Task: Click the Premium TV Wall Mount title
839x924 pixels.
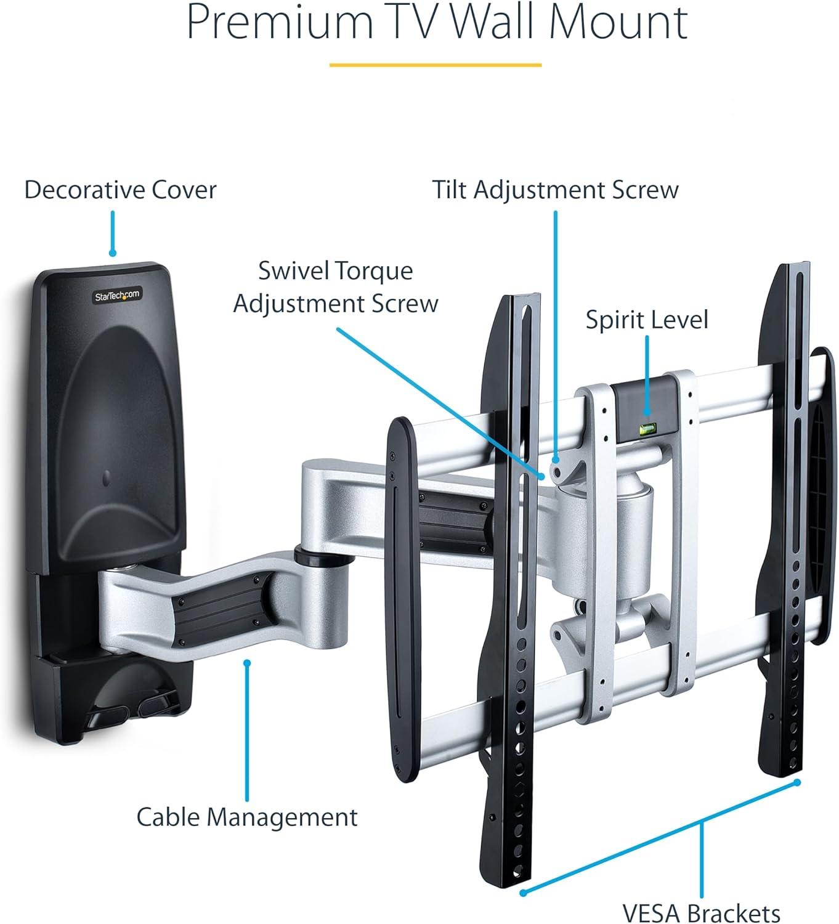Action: point(437,22)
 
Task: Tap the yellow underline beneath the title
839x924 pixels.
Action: point(435,65)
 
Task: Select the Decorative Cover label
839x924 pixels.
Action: point(120,190)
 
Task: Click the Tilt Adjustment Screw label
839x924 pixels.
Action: point(555,190)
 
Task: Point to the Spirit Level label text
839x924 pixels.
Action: point(647,320)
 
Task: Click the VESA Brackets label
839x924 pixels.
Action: point(701,912)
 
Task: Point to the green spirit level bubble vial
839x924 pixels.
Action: point(646,429)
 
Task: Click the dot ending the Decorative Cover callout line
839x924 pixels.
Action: point(112,253)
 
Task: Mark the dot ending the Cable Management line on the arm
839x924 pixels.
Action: point(247,663)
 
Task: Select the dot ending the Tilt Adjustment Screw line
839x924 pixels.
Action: point(556,460)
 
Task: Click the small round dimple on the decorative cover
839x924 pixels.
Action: point(107,478)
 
